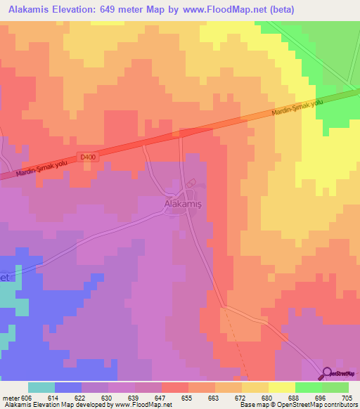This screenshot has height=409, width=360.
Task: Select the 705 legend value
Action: tap(342, 397)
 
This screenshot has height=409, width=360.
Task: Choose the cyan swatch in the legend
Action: tap(41, 387)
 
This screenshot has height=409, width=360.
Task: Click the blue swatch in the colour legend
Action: tap(68, 387)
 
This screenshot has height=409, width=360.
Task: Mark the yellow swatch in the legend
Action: tap(282, 387)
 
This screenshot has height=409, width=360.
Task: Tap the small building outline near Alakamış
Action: tap(188, 183)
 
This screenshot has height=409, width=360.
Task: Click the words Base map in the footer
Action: tap(250, 405)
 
